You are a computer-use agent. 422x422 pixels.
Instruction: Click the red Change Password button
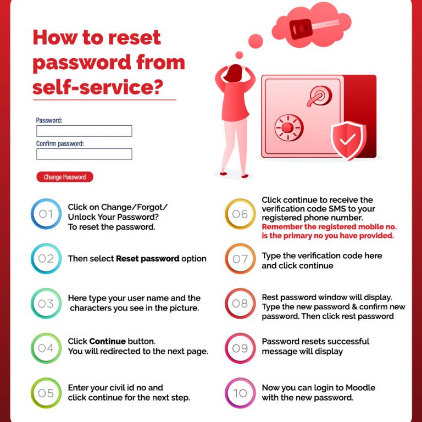point(65,177)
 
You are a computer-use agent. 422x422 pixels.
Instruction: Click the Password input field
point(84,131)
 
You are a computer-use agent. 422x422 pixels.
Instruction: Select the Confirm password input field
point(84,154)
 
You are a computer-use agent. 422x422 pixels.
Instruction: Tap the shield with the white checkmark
point(348,140)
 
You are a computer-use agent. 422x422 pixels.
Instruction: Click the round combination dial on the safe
point(289,127)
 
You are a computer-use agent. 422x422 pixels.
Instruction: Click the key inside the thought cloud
point(313,27)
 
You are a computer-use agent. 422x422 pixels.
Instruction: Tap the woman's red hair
point(234,73)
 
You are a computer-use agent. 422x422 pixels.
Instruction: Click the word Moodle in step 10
point(360,387)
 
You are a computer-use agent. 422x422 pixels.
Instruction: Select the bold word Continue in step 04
point(107,341)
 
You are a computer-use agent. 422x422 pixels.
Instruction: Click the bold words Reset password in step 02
point(147,259)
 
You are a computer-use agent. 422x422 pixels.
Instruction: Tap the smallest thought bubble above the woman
point(239,55)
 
